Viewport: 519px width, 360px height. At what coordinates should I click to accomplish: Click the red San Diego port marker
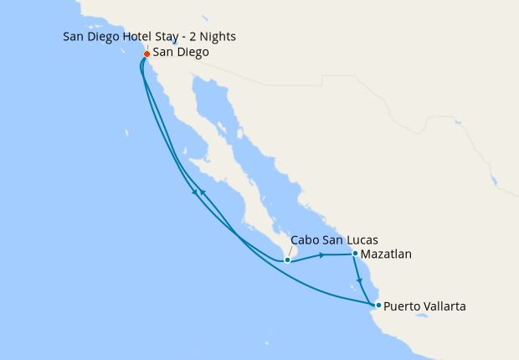[146, 54]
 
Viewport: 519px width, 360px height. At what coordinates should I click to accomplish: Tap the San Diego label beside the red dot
[181, 53]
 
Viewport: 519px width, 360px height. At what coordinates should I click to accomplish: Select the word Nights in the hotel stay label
[216, 37]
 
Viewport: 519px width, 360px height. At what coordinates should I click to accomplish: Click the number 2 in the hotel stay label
[188, 37]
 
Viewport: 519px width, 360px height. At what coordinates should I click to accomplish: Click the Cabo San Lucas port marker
[287, 260]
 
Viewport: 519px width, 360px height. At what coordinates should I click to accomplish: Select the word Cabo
[304, 239]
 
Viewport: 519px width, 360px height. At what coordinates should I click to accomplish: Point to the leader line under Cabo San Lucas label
[290, 252]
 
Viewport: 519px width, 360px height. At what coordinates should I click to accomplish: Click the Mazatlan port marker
[356, 254]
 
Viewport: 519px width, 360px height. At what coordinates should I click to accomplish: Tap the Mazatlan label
[387, 254]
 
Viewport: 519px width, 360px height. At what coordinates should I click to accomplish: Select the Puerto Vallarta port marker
[378, 305]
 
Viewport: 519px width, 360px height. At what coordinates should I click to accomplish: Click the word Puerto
[403, 306]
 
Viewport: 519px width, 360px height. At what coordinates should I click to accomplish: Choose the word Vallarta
[444, 306]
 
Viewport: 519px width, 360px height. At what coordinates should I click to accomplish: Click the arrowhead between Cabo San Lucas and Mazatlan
[322, 255]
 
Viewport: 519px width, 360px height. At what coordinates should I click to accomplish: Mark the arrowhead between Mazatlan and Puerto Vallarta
[360, 280]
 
